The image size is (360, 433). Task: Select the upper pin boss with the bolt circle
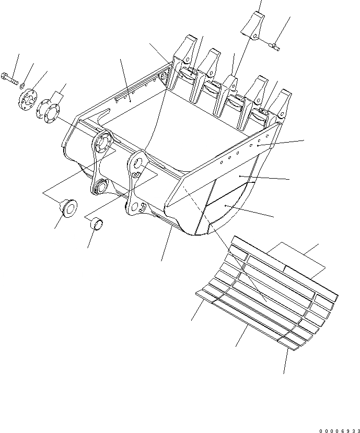point(102,144)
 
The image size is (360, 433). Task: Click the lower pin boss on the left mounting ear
point(99,186)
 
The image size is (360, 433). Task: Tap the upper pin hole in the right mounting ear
point(137,162)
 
